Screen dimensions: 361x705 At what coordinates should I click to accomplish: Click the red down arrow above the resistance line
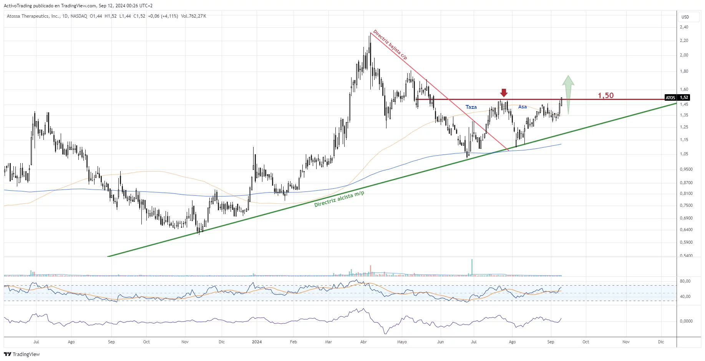pos(504,93)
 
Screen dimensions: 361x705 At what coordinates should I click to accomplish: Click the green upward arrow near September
pos(568,94)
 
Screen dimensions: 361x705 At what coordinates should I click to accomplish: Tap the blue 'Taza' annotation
pos(471,107)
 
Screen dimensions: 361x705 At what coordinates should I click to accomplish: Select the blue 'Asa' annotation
pos(523,107)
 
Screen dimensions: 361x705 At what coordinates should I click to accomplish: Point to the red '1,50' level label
pos(605,95)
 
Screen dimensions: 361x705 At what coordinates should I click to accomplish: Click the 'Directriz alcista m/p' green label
pos(339,199)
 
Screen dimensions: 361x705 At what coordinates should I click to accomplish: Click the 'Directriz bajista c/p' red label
pos(390,45)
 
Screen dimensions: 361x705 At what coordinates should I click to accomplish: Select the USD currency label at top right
pos(685,17)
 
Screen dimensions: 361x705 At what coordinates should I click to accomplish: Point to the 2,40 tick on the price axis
pos(684,27)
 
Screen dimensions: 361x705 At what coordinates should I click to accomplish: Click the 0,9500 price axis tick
pos(686,169)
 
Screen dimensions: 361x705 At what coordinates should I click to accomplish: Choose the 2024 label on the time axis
pos(257,342)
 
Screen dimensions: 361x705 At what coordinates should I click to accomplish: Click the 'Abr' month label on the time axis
pos(363,342)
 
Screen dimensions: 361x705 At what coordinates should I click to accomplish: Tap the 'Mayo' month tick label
pos(402,342)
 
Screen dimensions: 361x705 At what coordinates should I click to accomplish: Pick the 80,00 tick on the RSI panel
pos(685,281)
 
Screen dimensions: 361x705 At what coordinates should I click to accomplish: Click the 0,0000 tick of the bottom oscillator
pos(686,321)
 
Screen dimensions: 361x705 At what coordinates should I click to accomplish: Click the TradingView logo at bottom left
pos(22,354)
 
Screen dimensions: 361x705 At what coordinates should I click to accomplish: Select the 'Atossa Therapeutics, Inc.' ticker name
pos(33,16)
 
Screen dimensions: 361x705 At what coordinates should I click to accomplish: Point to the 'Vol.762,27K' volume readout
pos(194,16)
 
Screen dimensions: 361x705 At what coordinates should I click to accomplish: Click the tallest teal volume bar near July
pos(472,268)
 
